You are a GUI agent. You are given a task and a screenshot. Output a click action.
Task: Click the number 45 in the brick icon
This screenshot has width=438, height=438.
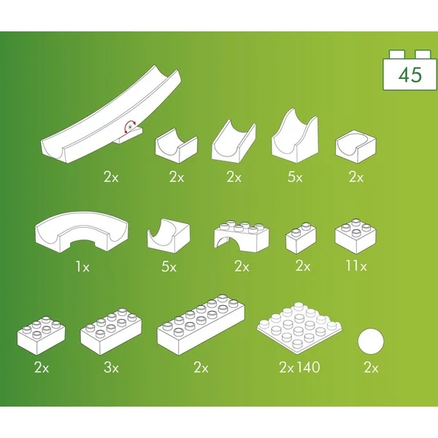click(410, 75)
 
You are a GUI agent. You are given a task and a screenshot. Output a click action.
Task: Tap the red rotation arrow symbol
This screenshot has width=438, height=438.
click(130, 127)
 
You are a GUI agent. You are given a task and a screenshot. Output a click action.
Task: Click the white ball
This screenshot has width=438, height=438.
click(371, 342)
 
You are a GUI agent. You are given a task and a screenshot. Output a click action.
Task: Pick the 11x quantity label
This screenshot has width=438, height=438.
click(356, 266)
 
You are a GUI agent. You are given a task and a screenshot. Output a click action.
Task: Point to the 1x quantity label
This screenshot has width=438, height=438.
click(82, 266)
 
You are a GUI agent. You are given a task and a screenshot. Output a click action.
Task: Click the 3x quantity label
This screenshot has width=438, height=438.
click(111, 367)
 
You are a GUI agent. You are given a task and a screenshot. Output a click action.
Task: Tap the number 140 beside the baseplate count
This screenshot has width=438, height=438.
click(308, 367)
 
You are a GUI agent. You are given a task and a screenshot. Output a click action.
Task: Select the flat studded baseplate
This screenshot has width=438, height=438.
click(299, 326)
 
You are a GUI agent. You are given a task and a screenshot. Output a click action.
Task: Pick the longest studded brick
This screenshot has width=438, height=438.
click(201, 325)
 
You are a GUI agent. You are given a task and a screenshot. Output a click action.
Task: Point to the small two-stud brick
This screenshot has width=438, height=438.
click(301, 238)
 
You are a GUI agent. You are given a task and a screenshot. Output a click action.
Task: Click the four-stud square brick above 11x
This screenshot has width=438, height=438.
click(356, 237)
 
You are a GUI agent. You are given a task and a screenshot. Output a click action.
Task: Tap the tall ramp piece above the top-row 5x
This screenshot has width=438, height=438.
click(294, 136)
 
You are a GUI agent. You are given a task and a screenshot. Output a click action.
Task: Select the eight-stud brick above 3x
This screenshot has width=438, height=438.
click(111, 331)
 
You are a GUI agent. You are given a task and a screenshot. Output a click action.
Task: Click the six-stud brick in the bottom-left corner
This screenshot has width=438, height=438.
click(42, 336)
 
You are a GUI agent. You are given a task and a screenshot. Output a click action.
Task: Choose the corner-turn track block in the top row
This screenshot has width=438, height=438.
click(356, 147)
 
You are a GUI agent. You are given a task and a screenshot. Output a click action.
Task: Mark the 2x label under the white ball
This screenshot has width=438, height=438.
click(371, 368)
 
